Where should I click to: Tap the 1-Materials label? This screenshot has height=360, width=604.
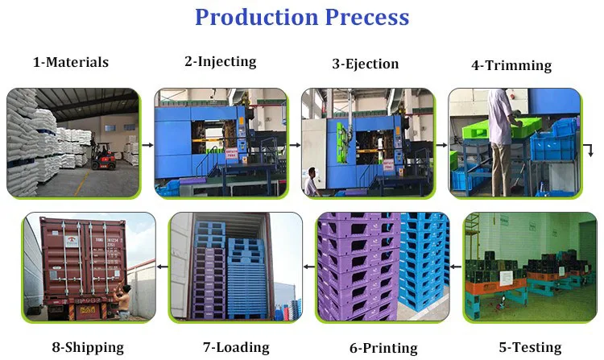click(x=71, y=62)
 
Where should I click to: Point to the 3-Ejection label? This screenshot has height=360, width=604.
click(x=366, y=64)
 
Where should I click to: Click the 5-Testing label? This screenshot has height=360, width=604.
click(x=530, y=347)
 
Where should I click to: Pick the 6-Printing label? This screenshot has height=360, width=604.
click(x=383, y=348)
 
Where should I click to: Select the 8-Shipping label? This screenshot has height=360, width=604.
click(x=88, y=347)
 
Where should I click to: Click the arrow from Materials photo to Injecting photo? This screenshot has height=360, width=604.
click(x=147, y=145)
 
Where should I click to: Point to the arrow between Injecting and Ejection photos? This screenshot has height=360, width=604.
click(x=295, y=145)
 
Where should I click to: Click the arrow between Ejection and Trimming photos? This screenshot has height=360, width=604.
click(x=442, y=145)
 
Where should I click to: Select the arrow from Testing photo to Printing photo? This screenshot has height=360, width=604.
click(x=457, y=265)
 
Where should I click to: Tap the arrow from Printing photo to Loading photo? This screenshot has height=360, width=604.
click(x=309, y=265)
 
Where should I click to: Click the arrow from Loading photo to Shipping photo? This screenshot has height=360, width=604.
click(x=162, y=265)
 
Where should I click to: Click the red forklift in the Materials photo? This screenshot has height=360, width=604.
click(x=101, y=157)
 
